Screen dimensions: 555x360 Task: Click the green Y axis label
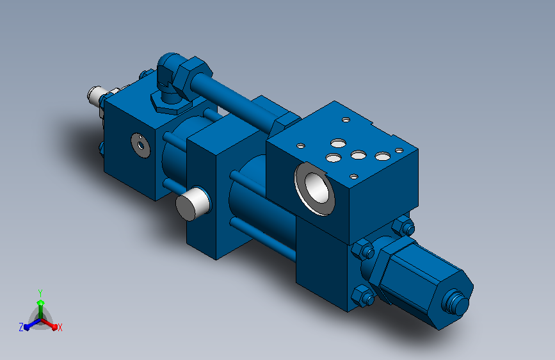pyautogui.click(x=40, y=293)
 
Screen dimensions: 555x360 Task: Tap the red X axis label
pyautogui.click(x=60, y=328)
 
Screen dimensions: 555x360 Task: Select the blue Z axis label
pyautogui.click(x=21, y=327)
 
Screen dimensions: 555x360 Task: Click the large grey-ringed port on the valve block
pyautogui.click(x=314, y=188)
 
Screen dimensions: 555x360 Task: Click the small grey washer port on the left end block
pyautogui.click(x=141, y=145)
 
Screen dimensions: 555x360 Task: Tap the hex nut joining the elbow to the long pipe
pyautogui.click(x=193, y=76)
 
